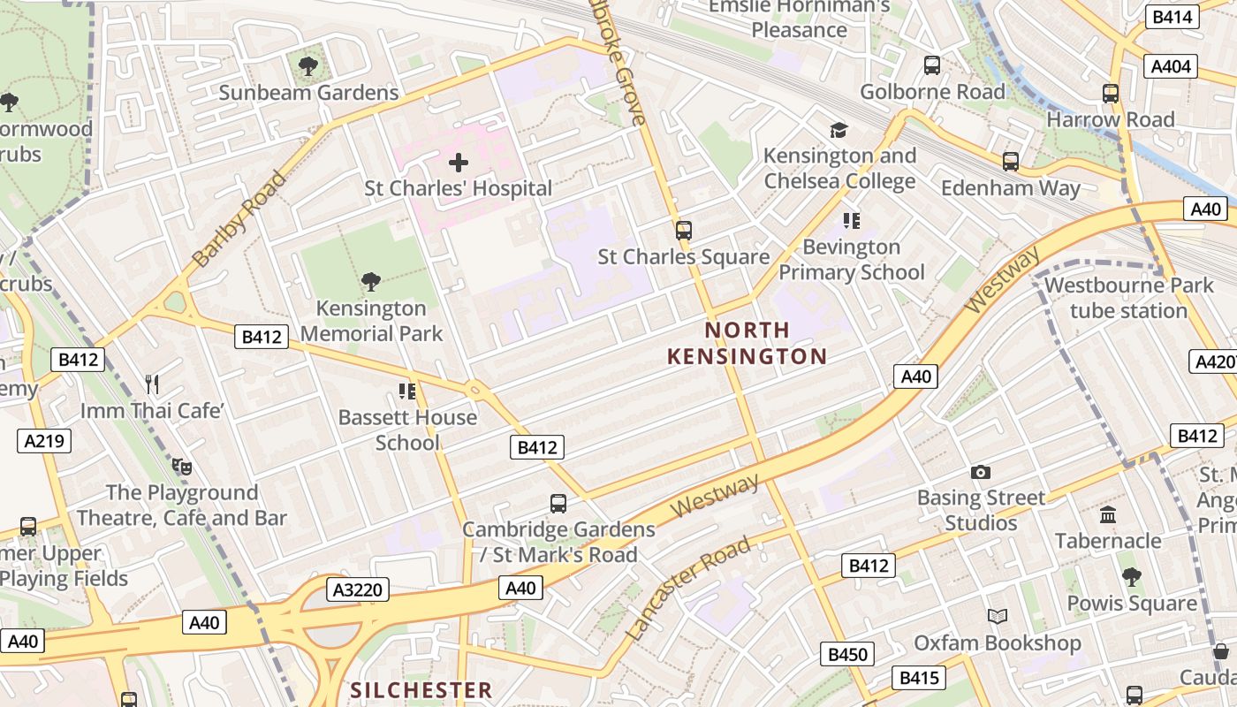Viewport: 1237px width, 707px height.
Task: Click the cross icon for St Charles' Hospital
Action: click(459, 163)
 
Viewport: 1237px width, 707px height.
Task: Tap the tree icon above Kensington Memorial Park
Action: click(371, 282)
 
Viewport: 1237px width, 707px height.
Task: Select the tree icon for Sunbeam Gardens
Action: click(308, 66)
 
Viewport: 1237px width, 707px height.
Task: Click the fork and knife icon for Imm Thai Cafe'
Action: click(152, 384)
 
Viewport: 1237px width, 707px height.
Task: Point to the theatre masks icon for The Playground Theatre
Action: click(182, 466)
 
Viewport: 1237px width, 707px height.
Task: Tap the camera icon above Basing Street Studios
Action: click(981, 472)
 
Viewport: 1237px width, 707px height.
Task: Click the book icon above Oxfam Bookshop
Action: click(998, 616)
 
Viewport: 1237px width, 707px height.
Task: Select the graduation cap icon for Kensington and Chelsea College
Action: click(839, 130)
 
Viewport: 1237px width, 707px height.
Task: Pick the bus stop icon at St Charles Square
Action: click(683, 231)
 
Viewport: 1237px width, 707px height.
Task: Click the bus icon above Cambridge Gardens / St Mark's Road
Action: click(558, 504)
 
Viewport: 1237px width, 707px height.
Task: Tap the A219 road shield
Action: click(44, 440)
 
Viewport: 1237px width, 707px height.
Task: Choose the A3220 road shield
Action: click(358, 589)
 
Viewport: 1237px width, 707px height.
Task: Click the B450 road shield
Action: click(847, 654)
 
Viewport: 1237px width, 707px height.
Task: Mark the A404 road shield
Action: click(1172, 66)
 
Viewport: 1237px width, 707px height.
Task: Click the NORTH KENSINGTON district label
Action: click(747, 343)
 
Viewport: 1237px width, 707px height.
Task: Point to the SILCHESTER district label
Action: click(421, 690)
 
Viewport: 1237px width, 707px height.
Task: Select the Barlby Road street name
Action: click(239, 218)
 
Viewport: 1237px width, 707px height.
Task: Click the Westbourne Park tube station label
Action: click(1128, 298)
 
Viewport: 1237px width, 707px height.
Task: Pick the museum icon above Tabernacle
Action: click(1108, 514)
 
